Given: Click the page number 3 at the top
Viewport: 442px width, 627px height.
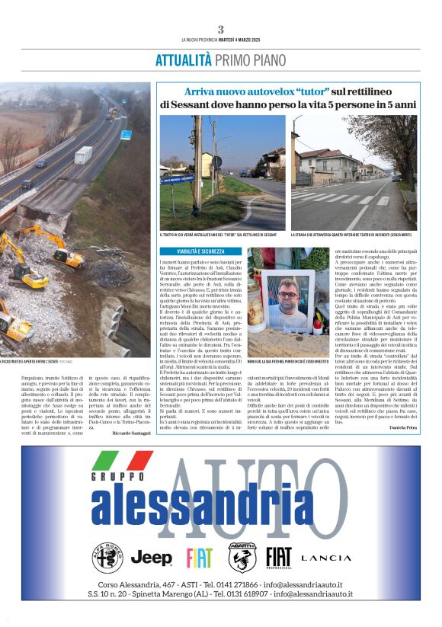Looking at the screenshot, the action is point(220,29).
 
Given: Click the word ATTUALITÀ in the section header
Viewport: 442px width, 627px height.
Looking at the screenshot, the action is point(183,60).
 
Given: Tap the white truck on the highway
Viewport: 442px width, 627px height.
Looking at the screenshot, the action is point(83,155).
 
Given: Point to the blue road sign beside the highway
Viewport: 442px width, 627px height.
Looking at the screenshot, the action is point(126,135).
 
